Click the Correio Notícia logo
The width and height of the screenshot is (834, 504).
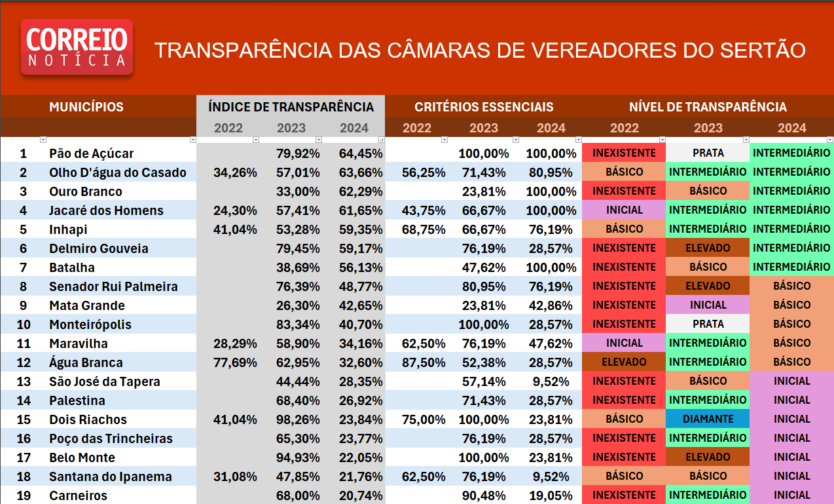coord(77,47)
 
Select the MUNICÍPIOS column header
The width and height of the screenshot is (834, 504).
coord(86,107)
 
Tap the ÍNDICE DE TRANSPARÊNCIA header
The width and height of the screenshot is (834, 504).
coord(291,107)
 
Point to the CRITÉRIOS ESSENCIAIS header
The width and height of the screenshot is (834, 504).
coord(484,107)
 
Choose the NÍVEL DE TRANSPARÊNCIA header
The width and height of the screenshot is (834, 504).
coord(708,107)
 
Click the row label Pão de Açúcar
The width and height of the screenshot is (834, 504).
coord(91,153)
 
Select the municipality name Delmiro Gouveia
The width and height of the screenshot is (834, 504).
coord(98,248)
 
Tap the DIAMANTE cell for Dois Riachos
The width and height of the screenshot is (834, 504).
coord(708,419)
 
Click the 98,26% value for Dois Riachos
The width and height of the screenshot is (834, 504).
coord(298,419)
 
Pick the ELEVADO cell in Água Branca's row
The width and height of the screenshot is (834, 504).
coord(624,362)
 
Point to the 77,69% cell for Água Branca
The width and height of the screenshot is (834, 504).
coord(235,362)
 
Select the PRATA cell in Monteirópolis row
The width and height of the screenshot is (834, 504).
coord(708,324)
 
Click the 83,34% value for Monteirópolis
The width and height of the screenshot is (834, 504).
coord(298,324)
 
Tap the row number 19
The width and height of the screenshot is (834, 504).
coord(24,495)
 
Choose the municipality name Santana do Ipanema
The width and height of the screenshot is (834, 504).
coord(110,476)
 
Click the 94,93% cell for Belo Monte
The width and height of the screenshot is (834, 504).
coord(298,457)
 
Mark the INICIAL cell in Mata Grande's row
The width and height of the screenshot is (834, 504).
coord(708,305)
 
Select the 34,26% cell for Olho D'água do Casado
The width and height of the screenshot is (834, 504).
coord(235,173)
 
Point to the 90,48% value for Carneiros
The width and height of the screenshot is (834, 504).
coord(484,495)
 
